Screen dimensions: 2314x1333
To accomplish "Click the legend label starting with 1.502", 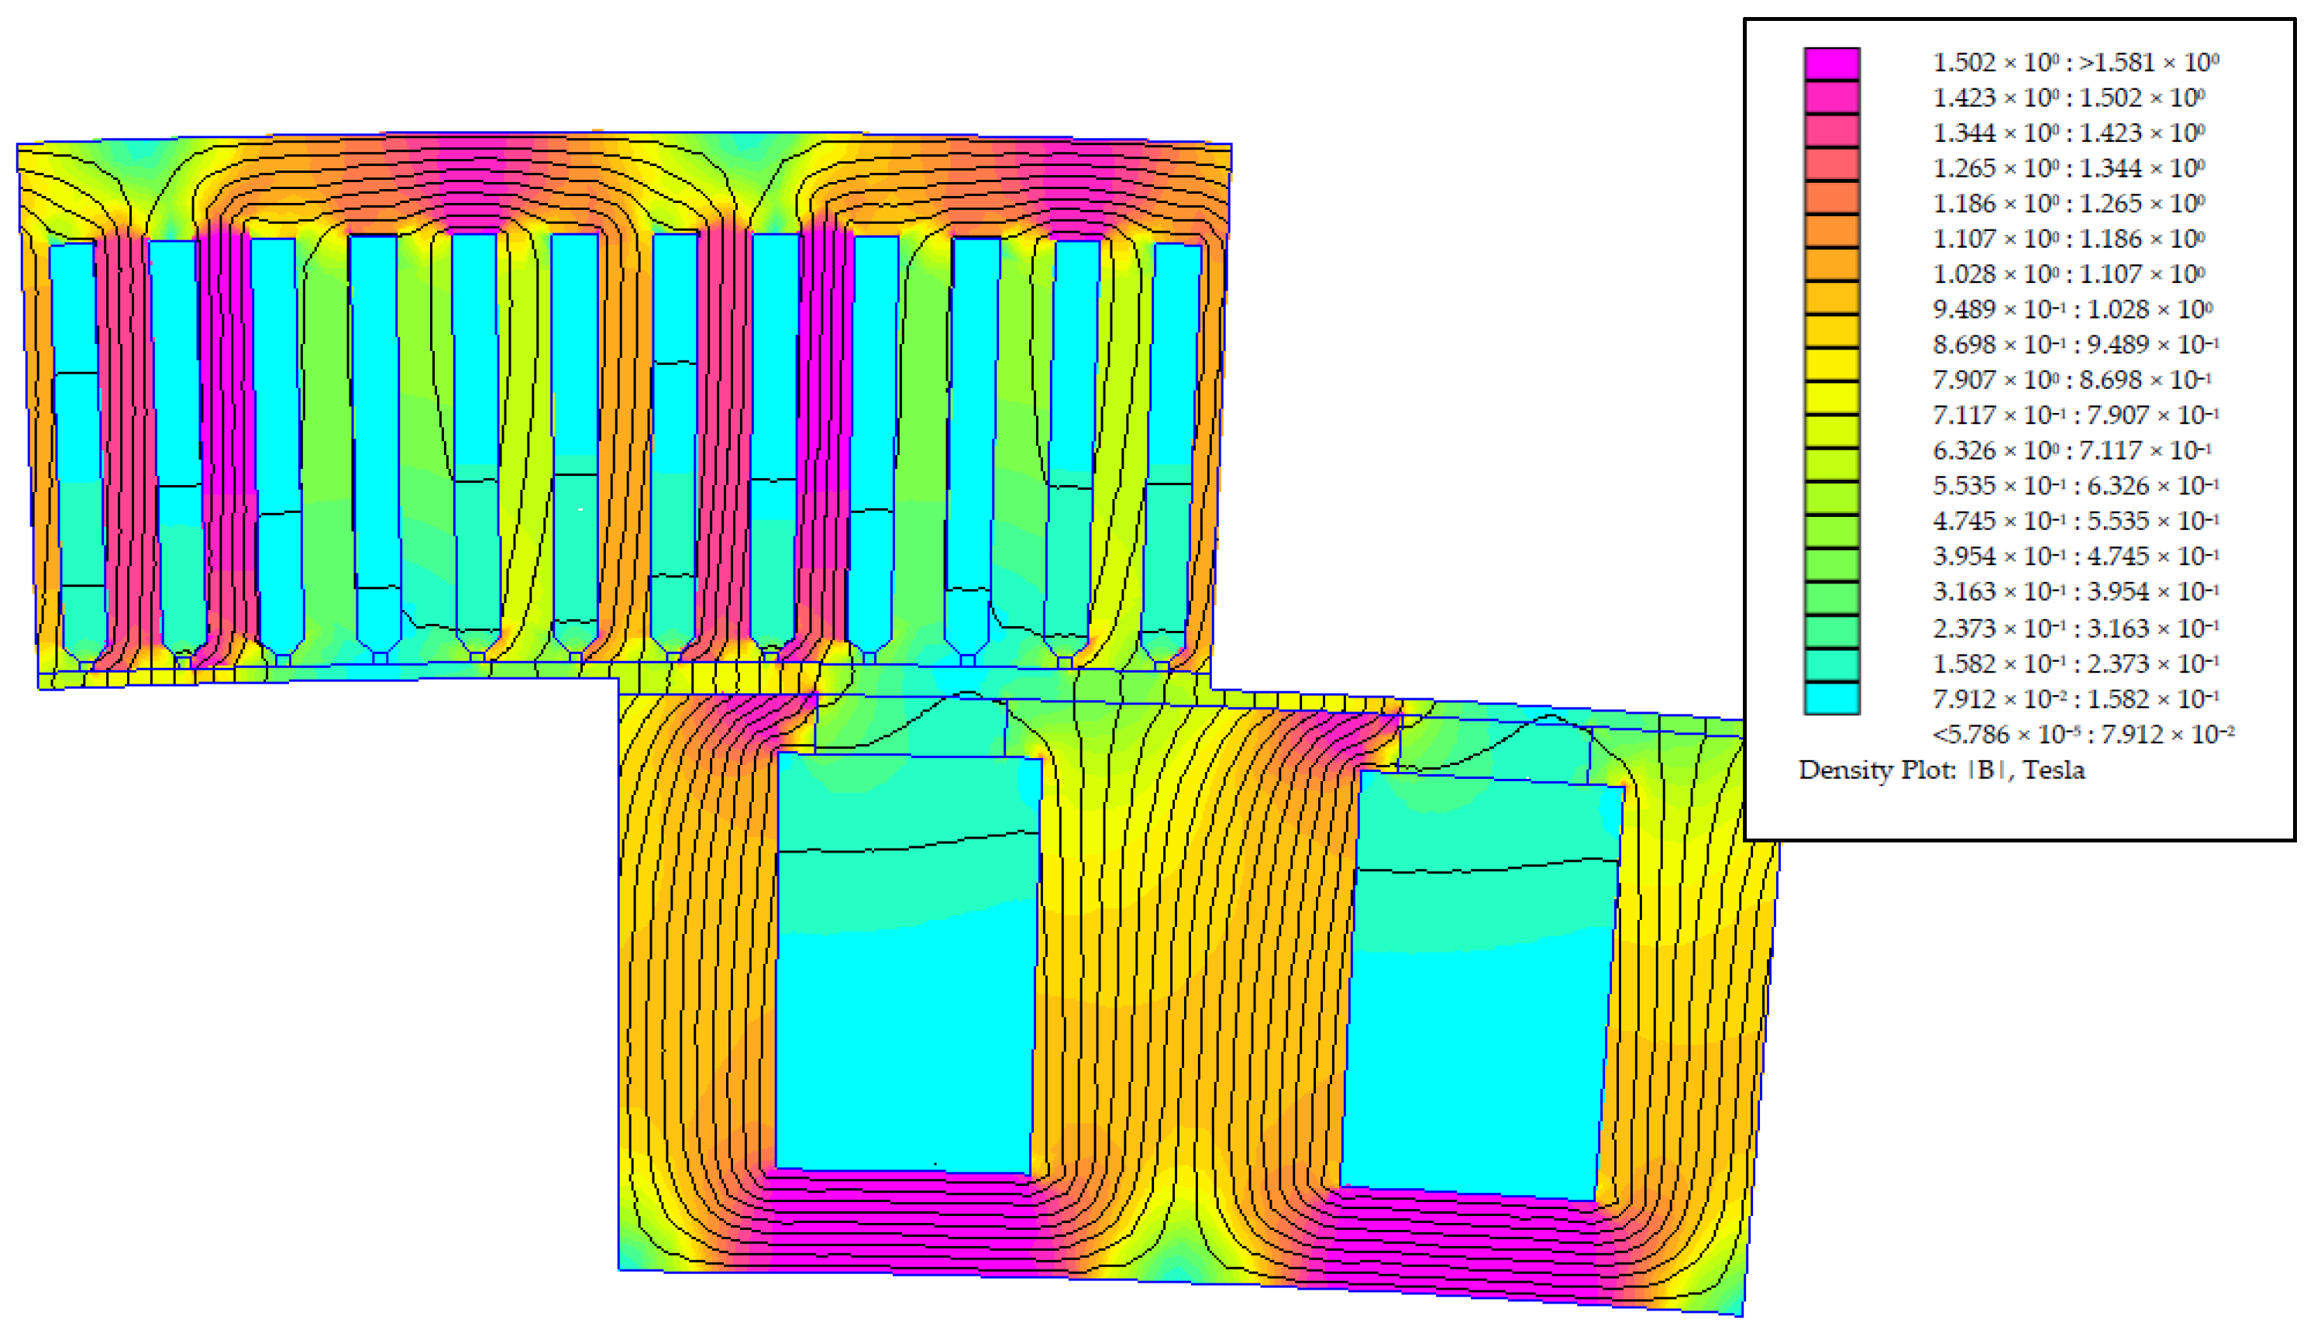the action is tap(2075, 62).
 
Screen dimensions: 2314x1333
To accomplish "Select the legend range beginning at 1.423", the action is tap(2068, 97).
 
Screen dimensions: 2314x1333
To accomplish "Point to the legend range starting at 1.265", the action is tap(2068, 167).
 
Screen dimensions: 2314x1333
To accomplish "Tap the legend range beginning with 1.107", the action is tap(2068, 238).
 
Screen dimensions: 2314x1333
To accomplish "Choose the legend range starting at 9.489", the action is tap(2072, 308).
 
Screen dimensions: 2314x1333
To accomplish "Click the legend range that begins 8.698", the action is tap(2075, 344).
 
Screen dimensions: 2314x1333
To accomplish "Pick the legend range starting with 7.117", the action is tap(2075, 415).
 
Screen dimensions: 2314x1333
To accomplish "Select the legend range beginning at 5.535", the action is tap(2075, 485).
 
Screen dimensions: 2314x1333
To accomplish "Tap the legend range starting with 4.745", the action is tap(2075, 520).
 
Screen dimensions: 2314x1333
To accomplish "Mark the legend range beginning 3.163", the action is tap(2075, 591).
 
